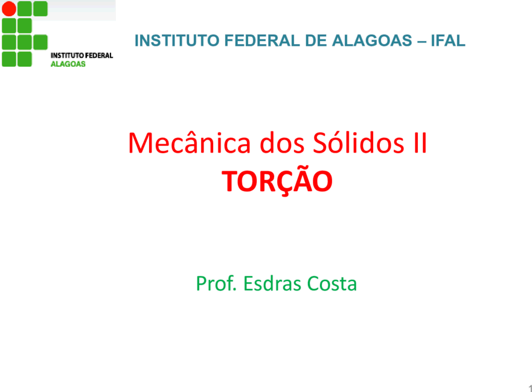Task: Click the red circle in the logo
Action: pyautogui.click(x=9, y=9)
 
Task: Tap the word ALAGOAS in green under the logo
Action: pyautogui.click(x=68, y=64)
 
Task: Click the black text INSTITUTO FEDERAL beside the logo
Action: pyautogui.click(x=82, y=55)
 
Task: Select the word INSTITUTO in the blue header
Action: pyautogui.click(x=177, y=40)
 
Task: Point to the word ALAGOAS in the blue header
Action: pyautogui.click(x=371, y=40)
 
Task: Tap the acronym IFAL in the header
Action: pyautogui.click(x=448, y=40)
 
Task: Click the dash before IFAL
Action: pyautogui.click(x=421, y=42)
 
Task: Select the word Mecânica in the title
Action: pyautogui.click(x=190, y=142)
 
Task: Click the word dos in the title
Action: pyautogui.click(x=282, y=143)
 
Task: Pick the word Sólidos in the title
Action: pyautogui.click(x=359, y=142)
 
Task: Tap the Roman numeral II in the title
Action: pyautogui.click(x=420, y=143)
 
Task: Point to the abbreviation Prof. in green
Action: pyautogui.click(x=216, y=283)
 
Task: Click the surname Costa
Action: pyautogui.click(x=332, y=284)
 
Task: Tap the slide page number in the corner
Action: pyautogui.click(x=530, y=388)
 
